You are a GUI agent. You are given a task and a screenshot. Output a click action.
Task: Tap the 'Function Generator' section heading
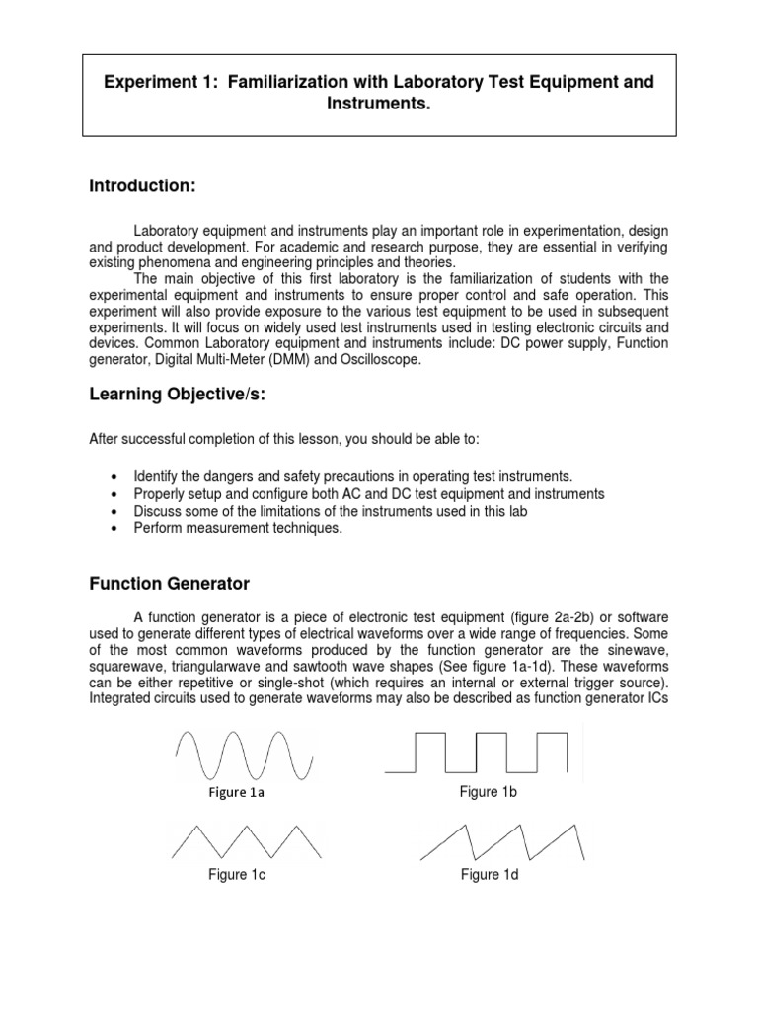point(170,584)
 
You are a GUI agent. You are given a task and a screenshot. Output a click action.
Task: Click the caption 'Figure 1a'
point(236,793)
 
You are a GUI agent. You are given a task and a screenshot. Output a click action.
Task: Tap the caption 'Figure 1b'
point(488,792)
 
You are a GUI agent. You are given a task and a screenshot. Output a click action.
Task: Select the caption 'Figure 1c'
point(236,875)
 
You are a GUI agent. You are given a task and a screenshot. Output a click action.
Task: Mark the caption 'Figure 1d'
point(489,875)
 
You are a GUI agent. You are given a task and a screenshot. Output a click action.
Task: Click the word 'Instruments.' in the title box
point(379,104)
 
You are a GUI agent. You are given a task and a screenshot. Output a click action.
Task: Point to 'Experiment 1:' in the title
point(160,82)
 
